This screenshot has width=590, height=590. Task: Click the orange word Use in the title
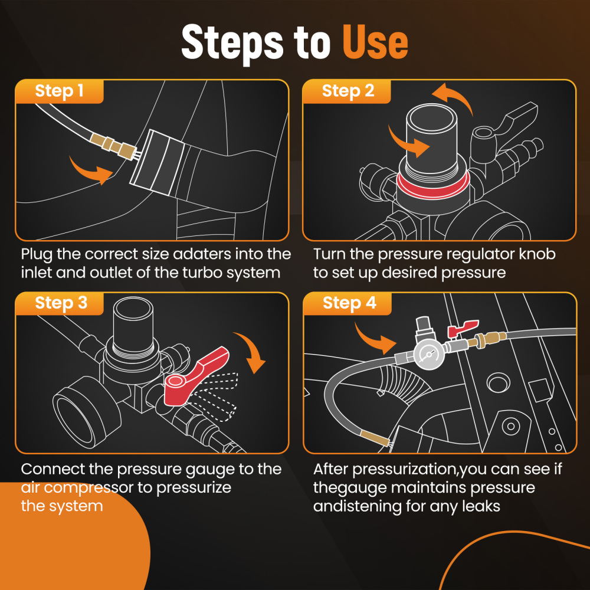pyautogui.click(x=375, y=42)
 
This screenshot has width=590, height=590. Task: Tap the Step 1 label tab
pyautogui.click(x=60, y=91)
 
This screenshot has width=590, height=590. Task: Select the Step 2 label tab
pyautogui.click(x=347, y=91)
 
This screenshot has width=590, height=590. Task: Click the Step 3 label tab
pyautogui.click(x=60, y=303)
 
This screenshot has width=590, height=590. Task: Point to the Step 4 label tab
pyautogui.click(x=348, y=303)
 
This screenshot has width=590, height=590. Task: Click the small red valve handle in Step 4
pyautogui.click(x=462, y=329)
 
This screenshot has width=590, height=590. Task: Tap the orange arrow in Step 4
pyautogui.click(x=375, y=338)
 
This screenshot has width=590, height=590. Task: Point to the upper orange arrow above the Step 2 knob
pyautogui.click(x=456, y=96)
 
